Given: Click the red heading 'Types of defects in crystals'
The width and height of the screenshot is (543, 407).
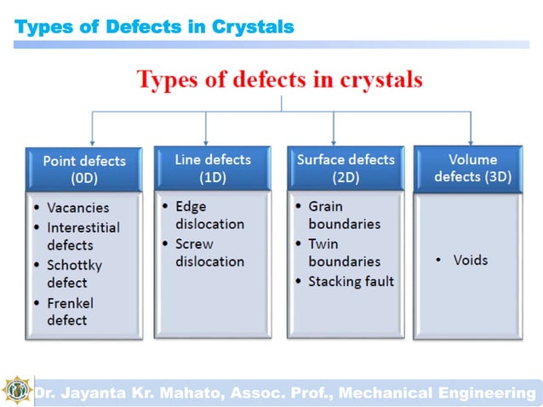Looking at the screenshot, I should pyautogui.click(x=280, y=81).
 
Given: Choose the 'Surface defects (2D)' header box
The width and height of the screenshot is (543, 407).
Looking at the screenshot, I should pyautogui.click(x=346, y=168).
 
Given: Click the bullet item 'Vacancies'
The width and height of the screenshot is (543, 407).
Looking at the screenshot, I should pyautogui.click(x=77, y=207).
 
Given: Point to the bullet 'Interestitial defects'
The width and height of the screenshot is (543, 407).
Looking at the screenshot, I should pyautogui.click(x=83, y=236).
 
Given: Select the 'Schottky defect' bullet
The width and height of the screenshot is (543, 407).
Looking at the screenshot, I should pyautogui.click(x=74, y=273).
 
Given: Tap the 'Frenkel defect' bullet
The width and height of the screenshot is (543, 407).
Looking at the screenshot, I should pyautogui.click(x=70, y=312).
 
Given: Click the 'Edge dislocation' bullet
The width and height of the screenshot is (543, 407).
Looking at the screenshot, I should pyautogui.click(x=209, y=215).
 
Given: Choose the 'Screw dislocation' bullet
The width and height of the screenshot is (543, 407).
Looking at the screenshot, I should pyautogui.click(x=209, y=252).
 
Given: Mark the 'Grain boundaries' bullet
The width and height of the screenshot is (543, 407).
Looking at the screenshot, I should pyautogui.click(x=344, y=215).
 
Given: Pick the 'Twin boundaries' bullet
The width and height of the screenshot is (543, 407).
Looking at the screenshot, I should pyautogui.click(x=344, y=252).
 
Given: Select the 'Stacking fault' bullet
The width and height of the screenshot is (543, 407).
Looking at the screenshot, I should pyautogui.click(x=351, y=281).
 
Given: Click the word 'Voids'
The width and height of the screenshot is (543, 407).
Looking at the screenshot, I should pyautogui.click(x=471, y=260).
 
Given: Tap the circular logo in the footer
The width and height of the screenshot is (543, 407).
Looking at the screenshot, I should pyautogui.click(x=15, y=391).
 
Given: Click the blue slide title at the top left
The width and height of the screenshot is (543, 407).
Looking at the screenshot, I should pyautogui.click(x=155, y=27).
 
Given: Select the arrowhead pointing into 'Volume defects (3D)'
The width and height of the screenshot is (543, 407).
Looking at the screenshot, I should pyautogui.click(x=471, y=140).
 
